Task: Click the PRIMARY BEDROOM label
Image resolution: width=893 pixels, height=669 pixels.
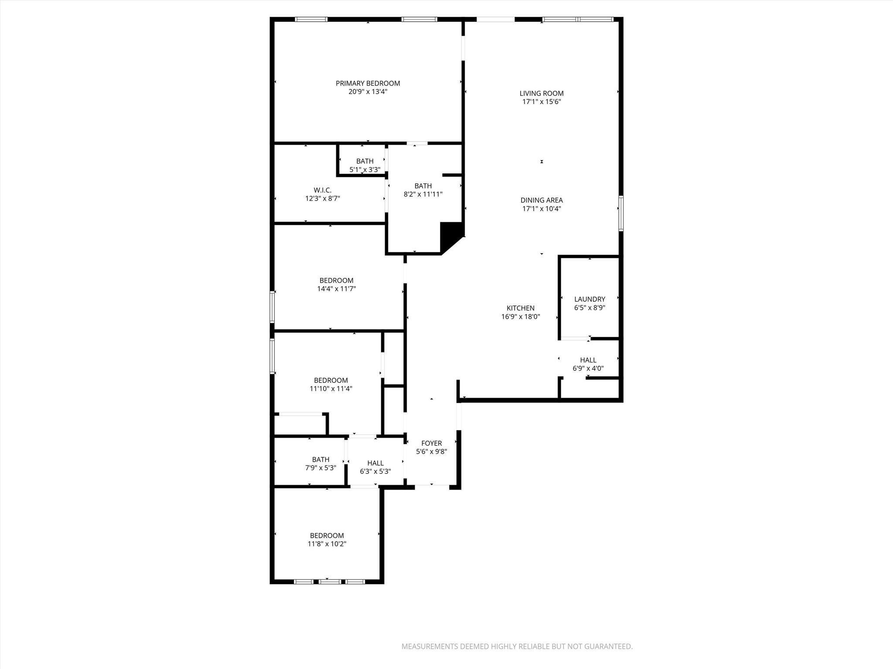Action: tap(368, 83)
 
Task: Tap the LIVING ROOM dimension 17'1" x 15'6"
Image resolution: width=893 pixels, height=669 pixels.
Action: tap(542, 102)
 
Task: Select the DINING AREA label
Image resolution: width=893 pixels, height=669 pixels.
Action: tap(542, 200)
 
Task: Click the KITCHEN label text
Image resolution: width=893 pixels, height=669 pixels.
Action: tap(520, 308)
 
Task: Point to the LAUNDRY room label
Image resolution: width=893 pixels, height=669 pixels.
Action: tap(590, 299)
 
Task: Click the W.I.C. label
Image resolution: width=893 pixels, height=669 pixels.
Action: tap(322, 190)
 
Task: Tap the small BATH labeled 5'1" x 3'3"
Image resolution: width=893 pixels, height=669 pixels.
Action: tap(365, 165)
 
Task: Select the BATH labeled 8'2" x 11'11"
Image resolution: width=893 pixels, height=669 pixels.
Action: tap(423, 190)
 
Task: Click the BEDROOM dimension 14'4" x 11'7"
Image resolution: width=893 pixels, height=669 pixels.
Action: tap(336, 289)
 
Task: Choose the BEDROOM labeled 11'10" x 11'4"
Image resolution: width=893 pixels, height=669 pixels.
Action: tap(331, 384)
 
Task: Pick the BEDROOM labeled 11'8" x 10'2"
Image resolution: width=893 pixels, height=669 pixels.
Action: tap(327, 540)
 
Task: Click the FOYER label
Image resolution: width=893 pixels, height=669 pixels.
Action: tap(431, 443)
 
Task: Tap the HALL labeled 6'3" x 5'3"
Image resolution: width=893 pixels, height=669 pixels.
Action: tap(375, 467)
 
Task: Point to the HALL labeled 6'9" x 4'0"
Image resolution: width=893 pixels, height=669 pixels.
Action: tap(588, 364)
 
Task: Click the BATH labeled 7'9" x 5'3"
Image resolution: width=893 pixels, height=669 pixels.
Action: tap(320, 463)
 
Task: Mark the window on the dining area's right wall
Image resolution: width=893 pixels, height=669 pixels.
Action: tap(621, 213)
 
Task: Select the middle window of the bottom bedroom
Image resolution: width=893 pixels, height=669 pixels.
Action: tap(329, 581)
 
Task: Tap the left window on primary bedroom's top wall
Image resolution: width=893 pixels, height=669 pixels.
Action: tap(311, 19)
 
